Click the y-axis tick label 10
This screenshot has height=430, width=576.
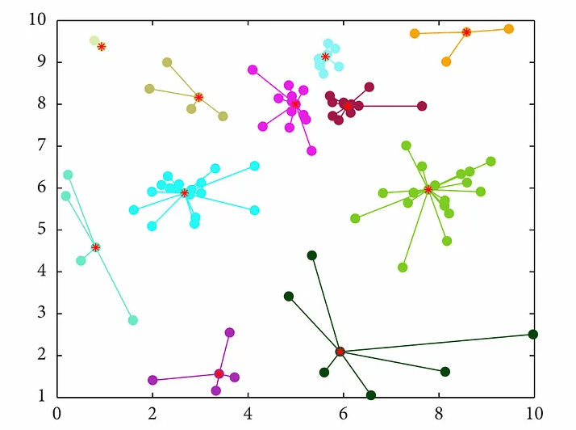pyautogui.click(x=37, y=19)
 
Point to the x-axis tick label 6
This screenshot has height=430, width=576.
pyautogui.click(x=343, y=412)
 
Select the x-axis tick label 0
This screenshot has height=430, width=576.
pyautogui.click(x=56, y=412)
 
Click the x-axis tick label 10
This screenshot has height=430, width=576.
pyautogui.click(x=532, y=412)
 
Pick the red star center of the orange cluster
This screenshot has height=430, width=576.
pyautogui.click(x=466, y=32)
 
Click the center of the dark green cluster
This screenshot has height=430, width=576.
pyautogui.click(x=340, y=352)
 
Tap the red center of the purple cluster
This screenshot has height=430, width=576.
pyautogui.click(x=219, y=373)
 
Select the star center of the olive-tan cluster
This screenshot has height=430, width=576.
pyautogui.click(x=198, y=97)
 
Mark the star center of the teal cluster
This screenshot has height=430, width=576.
pyautogui.click(x=96, y=247)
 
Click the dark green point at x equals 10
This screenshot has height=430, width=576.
pyautogui.click(x=532, y=335)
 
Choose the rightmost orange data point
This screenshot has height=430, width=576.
pyautogui.click(x=508, y=29)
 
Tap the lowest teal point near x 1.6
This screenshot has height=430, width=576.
pyautogui.click(x=133, y=320)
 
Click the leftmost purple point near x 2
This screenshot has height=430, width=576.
pyautogui.click(x=152, y=380)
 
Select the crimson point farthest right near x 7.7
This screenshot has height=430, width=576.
pyautogui.click(x=422, y=106)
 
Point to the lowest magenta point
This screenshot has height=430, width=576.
pyautogui.click(x=311, y=151)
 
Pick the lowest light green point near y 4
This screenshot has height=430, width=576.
pyautogui.click(x=403, y=268)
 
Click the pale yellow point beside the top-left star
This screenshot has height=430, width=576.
pyautogui.click(x=94, y=40)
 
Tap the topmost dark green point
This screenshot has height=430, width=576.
pyautogui.click(x=312, y=255)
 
